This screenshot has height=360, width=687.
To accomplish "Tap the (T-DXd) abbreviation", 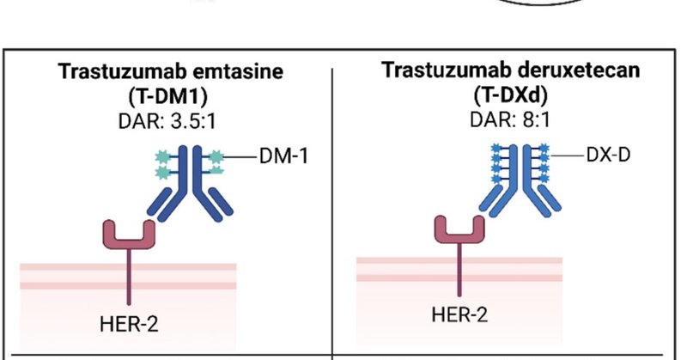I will pyautogui.click(x=511, y=91).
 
